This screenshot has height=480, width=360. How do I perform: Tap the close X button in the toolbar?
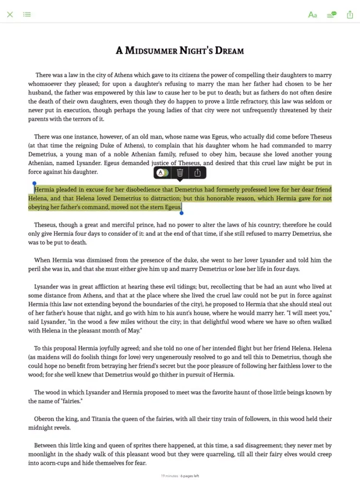click(x=10, y=14)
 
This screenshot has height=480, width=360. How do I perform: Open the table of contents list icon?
click(x=27, y=14)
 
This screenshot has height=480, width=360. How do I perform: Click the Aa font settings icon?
click(x=312, y=14)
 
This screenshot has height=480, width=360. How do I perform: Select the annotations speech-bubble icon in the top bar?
click(x=331, y=14)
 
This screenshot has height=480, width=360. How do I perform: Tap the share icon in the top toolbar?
click(x=350, y=14)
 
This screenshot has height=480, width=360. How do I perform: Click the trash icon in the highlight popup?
click(x=180, y=173)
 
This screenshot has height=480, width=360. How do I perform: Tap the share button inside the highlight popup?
click(x=197, y=173)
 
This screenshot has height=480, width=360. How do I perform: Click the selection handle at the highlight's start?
click(x=34, y=183)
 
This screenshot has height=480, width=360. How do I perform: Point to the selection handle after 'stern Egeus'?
click(x=181, y=213)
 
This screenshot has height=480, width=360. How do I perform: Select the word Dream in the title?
click(x=227, y=50)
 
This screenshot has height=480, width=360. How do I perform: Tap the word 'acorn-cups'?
click(x=59, y=463)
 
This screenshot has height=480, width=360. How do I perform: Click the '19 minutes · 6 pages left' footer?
click(x=180, y=476)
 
